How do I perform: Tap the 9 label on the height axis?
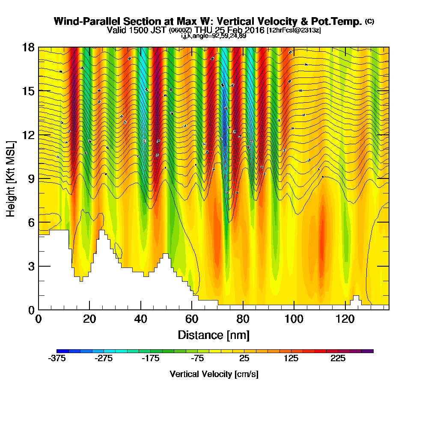coord(31,178)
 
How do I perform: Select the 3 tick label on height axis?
coord(31,266)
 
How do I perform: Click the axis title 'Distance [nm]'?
coord(214,334)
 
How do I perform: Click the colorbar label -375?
coord(57,359)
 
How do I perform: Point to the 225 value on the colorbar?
coord(338,359)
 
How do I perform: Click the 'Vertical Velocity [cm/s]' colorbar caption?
coord(214,374)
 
